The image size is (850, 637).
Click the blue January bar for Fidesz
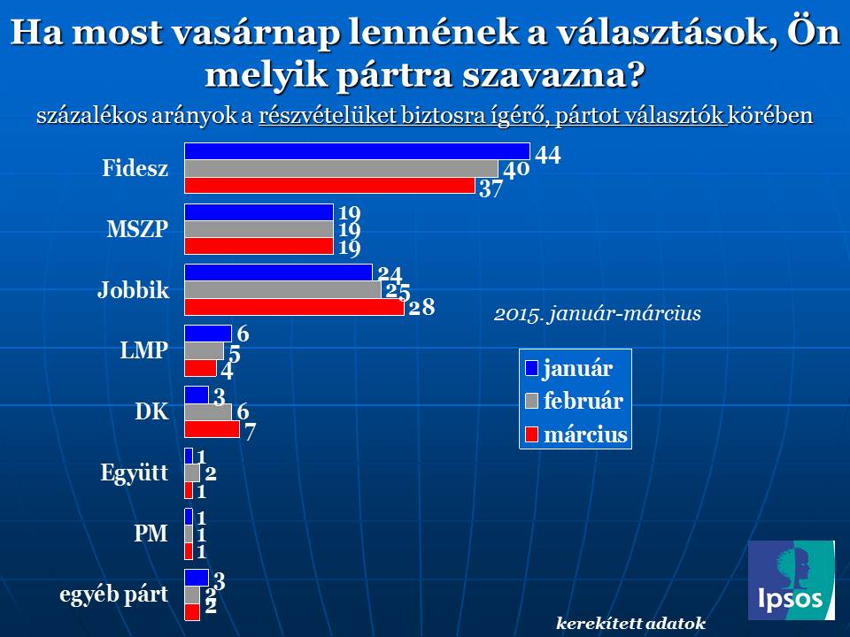(x=356, y=150)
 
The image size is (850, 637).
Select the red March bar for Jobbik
(x=293, y=307)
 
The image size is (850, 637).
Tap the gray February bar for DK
(x=207, y=411)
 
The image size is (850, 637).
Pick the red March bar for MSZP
(x=259, y=246)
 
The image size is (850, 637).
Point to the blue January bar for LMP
(x=207, y=333)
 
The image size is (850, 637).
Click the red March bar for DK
(x=212, y=429)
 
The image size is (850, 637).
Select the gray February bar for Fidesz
(x=341, y=168)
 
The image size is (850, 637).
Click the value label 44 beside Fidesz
(x=548, y=154)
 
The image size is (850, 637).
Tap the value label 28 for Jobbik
(x=421, y=309)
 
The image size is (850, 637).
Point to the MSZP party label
(x=137, y=229)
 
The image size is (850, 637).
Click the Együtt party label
(x=135, y=472)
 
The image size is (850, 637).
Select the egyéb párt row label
(x=113, y=595)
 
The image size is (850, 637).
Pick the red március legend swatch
(x=531, y=434)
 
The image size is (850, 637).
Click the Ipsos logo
(x=791, y=579)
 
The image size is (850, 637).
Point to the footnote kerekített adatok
(x=630, y=623)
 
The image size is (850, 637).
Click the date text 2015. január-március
(x=598, y=314)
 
